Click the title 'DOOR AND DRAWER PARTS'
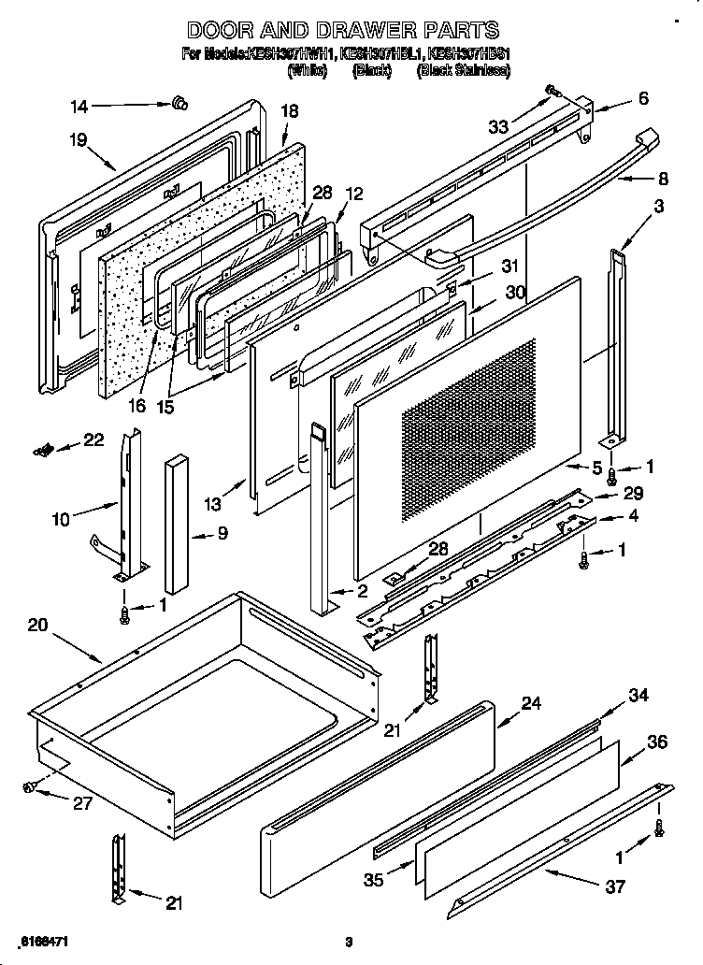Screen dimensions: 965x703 (x=343, y=31)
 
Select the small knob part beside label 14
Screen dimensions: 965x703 (x=176, y=103)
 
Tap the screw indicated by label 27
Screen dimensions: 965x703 (x=31, y=787)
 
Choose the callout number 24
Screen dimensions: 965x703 (x=531, y=702)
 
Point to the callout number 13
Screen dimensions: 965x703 (x=214, y=504)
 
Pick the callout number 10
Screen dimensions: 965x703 (x=62, y=520)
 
